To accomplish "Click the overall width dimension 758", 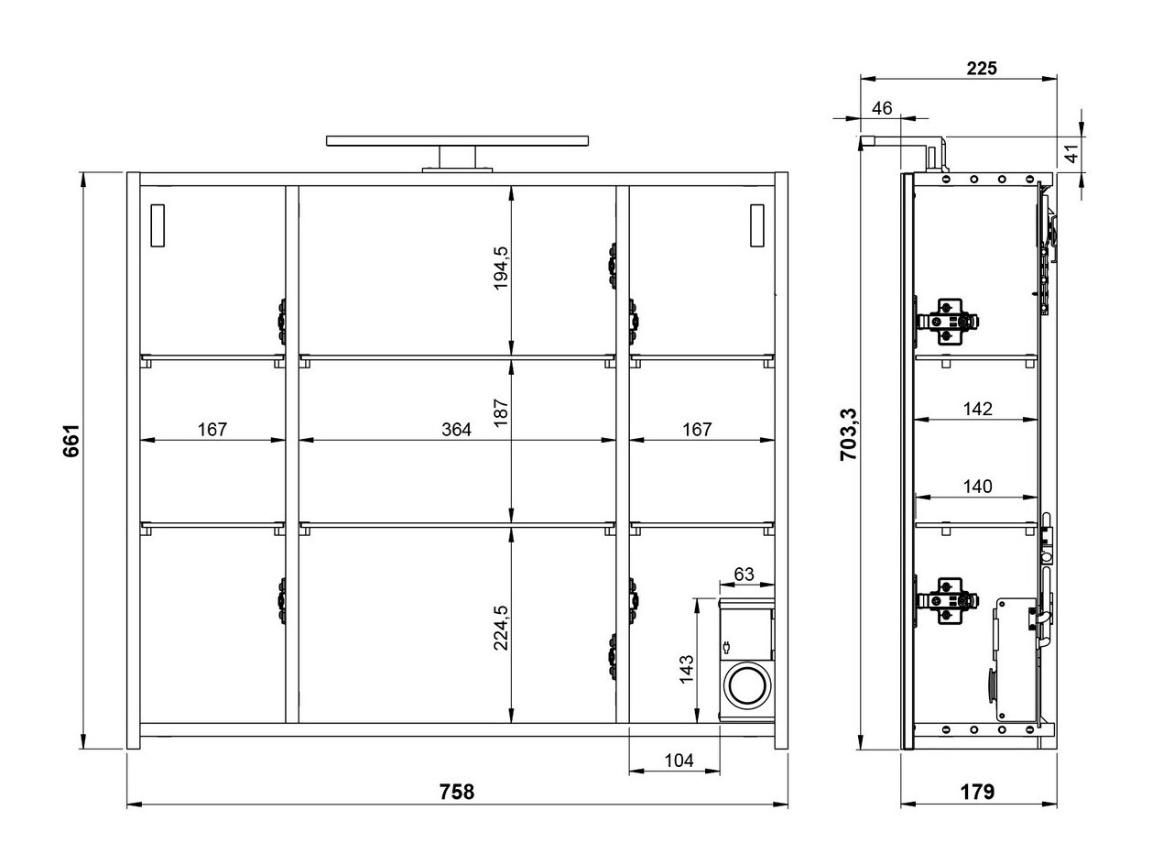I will pos(456,792).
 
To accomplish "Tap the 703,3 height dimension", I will pos(849,434).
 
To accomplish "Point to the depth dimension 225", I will pos(981,68).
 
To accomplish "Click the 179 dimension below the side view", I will pos(978,792).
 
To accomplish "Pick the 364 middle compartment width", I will pos(456,429).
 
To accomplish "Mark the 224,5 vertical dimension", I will pos(500,628).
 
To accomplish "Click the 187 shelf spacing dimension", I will pos(500,414).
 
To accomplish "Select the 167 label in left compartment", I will pos(212,429).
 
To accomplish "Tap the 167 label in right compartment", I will pos(697,429).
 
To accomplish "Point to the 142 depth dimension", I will pos(978,409).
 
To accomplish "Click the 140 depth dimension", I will pos(978,487).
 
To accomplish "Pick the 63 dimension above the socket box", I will pos(744,575).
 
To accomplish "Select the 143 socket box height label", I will pos(687,668).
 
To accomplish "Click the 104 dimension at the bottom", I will pos(679,760).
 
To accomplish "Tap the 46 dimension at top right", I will pos(881,108).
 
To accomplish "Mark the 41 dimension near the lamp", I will pos(1070,152).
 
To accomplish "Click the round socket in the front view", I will pos(746,685).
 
